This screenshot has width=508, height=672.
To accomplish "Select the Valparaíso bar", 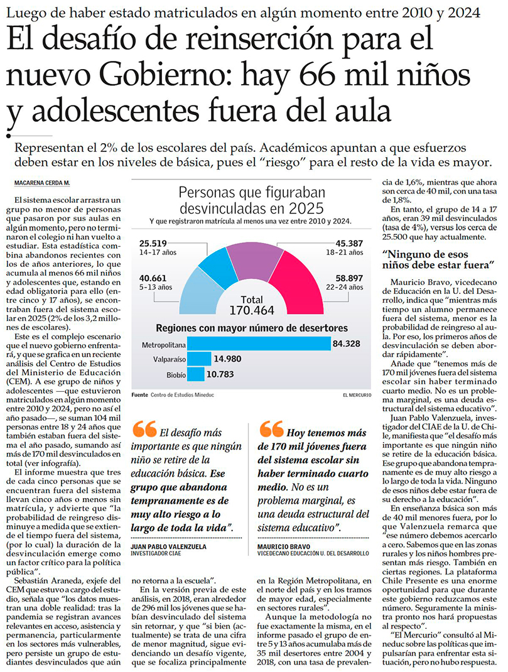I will (x=200, y=359).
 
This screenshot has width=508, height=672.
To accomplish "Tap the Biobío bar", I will (x=197, y=374).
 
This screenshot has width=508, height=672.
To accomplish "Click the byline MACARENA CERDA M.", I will (x=42, y=182).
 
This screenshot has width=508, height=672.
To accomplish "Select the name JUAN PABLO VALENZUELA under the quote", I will (x=169, y=547).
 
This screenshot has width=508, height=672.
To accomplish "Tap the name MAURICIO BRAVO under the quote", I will (x=286, y=547).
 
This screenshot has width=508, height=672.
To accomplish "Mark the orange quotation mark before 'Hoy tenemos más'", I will (x=271, y=429).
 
